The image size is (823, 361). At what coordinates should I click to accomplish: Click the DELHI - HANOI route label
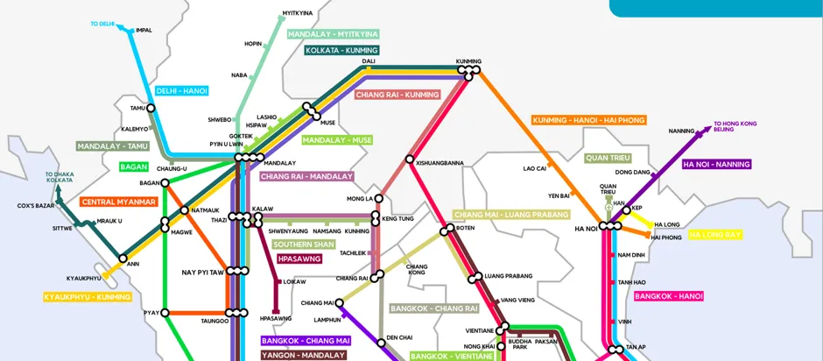pyautogui.click(x=181, y=91)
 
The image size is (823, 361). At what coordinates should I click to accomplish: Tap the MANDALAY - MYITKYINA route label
pyautogui.click(x=333, y=34)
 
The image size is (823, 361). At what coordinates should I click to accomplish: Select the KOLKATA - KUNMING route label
pyautogui.click(x=341, y=51)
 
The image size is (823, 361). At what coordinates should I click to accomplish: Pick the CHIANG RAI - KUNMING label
pyautogui.click(x=397, y=95)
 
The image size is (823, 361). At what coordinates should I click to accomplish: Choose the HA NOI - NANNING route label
pyautogui.click(x=716, y=164)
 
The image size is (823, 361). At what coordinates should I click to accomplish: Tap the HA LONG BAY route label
pyautogui.click(x=715, y=235)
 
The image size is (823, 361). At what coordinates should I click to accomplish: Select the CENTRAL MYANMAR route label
pyautogui.click(x=118, y=202)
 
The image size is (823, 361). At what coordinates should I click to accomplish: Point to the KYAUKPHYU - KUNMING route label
pyautogui.click(x=88, y=297)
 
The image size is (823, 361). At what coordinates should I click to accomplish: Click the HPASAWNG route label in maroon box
pyautogui.click(x=299, y=259)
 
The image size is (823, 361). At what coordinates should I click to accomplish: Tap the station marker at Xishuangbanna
pyautogui.click(x=409, y=159)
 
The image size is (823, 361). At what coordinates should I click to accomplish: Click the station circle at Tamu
pyautogui.click(x=151, y=109)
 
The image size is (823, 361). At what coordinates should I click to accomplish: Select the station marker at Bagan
pyautogui.click(x=165, y=183)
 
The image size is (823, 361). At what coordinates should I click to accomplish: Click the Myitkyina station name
pyautogui.click(x=297, y=14)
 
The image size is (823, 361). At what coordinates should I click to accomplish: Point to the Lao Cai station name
pyautogui.click(x=534, y=167)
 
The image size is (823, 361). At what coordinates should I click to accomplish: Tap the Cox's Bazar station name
pyautogui.click(x=36, y=206)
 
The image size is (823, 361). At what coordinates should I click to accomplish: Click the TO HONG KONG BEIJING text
pyautogui.click(x=735, y=127)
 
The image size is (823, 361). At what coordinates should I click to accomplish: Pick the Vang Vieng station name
pyautogui.click(x=517, y=300)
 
